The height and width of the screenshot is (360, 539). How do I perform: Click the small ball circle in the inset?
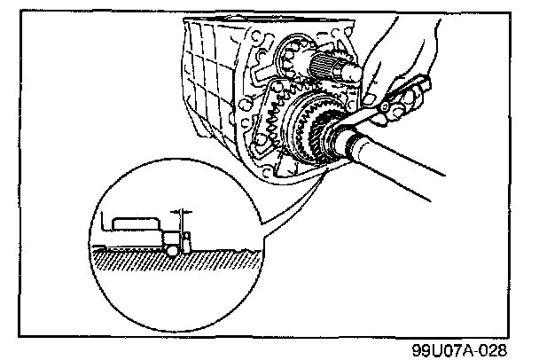pos(169,247)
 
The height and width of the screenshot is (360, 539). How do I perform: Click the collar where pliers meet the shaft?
pos(340,138)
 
